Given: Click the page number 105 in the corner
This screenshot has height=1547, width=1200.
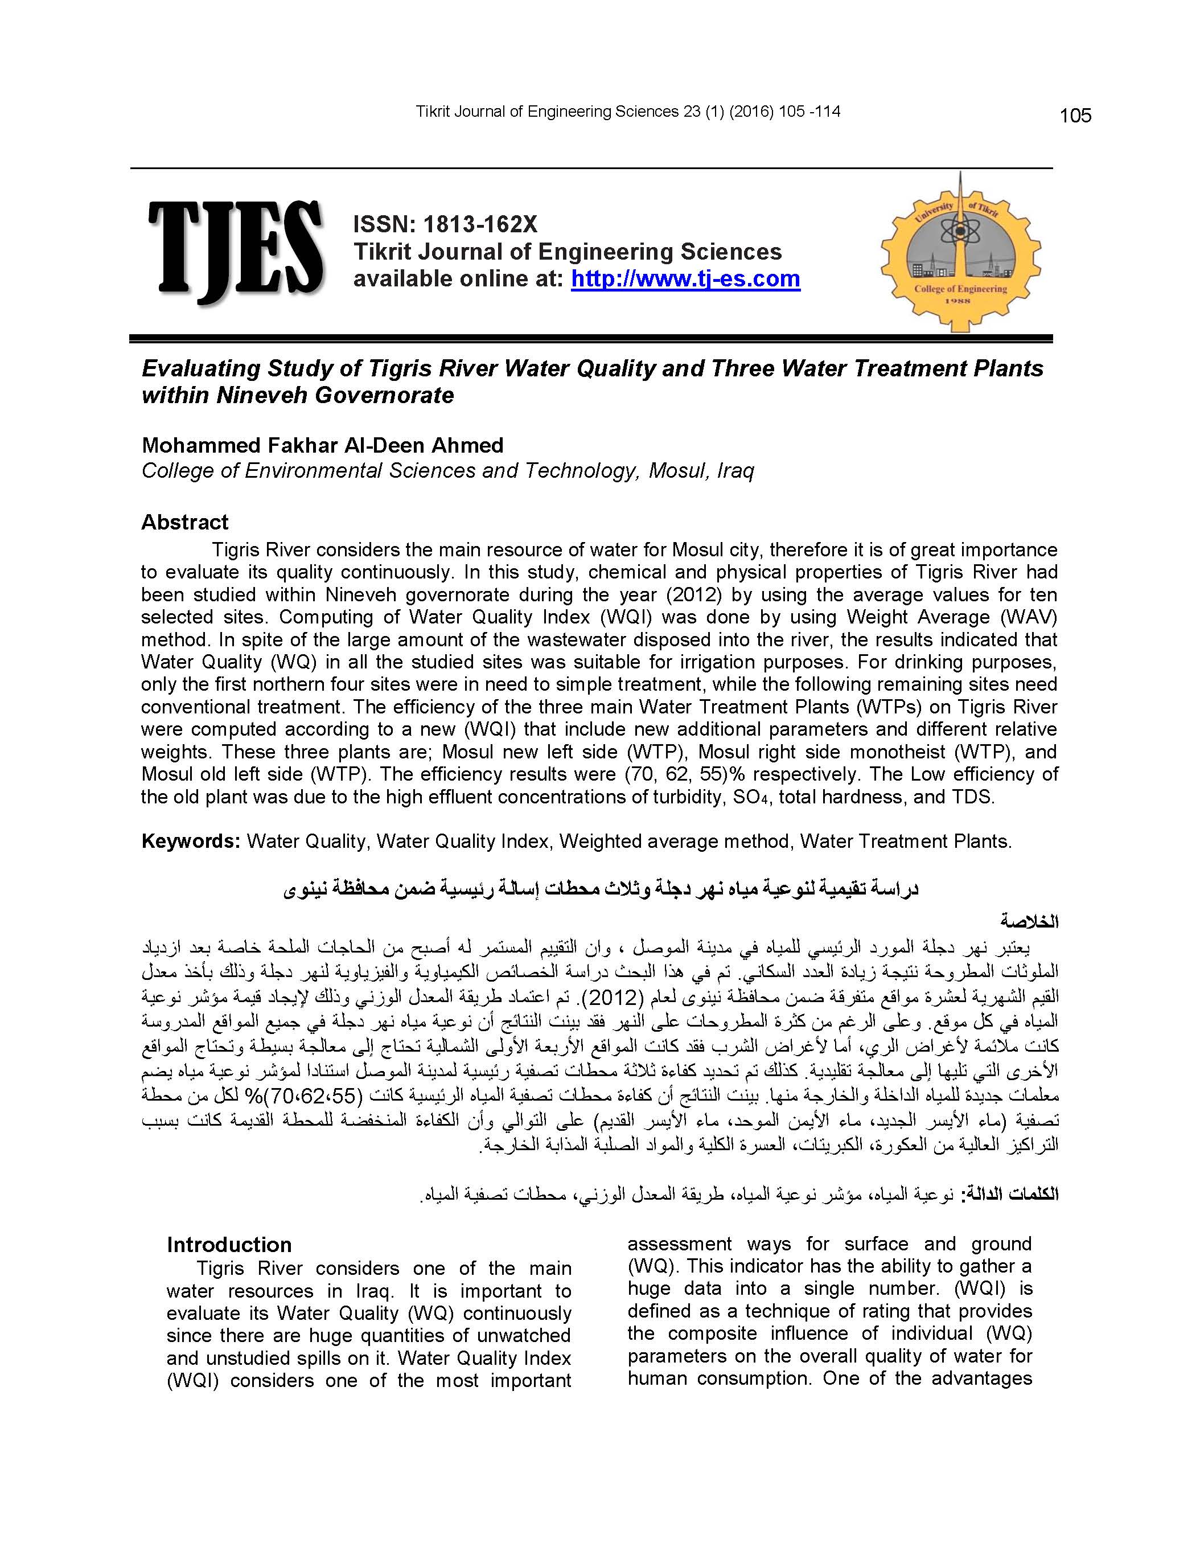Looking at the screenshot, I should (x=1075, y=116).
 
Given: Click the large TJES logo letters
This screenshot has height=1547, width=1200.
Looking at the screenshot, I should (x=236, y=252).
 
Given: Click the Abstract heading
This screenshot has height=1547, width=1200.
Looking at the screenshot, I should (x=184, y=522).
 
